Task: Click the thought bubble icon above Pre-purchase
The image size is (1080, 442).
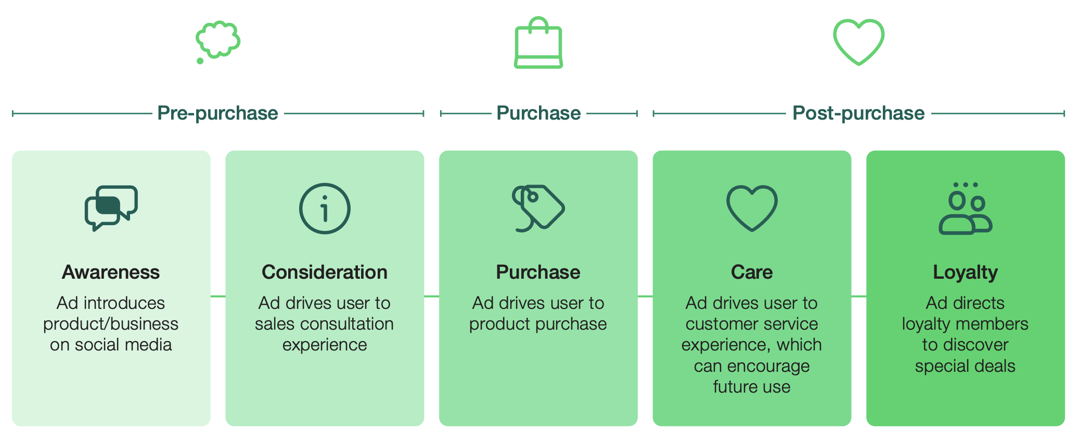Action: (218, 41)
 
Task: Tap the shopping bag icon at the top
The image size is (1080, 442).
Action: (538, 44)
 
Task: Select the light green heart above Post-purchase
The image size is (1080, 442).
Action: (858, 42)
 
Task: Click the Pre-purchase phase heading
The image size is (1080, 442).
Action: (217, 113)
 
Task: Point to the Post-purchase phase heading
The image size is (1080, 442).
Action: (858, 113)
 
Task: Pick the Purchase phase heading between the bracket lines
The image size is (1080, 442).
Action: (538, 113)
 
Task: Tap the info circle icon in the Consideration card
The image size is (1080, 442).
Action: (325, 209)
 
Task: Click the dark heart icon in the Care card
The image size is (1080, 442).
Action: (752, 208)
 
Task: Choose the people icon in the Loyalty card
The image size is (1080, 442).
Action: (966, 209)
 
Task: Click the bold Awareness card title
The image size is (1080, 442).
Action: (111, 272)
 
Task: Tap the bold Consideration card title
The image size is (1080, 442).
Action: (325, 272)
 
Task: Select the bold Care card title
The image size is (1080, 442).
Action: (752, 272)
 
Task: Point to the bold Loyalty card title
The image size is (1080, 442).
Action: (966, 272)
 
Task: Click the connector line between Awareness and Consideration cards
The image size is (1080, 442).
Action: (218, 296)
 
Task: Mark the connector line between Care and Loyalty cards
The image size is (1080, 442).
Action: (859, 296)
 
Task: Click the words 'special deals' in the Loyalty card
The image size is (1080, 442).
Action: (966, 366)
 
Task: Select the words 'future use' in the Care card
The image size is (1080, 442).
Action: (752, 387)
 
